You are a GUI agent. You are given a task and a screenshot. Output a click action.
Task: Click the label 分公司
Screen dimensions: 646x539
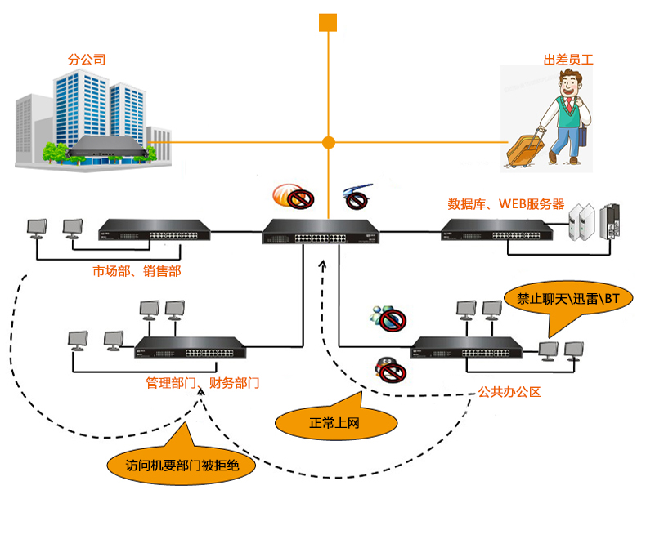tap(87, 60)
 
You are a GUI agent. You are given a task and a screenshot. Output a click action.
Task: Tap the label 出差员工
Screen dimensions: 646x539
tap(568, 60)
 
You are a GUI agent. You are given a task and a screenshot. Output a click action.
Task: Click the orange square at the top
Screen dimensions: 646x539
tap(328, 23)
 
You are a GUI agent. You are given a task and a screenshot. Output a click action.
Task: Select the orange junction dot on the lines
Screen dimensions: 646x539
tap(329, 143)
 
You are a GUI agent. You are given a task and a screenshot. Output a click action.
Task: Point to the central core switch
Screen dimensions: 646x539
tap(321, 231)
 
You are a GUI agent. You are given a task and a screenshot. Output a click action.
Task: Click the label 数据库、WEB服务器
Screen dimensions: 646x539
tap(506, 204)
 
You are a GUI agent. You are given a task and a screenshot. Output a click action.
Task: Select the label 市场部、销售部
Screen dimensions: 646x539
tap(137, 271)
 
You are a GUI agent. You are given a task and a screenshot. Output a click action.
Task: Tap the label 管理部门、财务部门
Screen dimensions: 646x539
tap(203, 383)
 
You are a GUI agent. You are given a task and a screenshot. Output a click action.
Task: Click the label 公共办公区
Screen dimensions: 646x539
tap(509, 392)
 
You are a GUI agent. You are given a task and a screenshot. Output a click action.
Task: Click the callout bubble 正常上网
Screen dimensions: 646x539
tap(334, 421)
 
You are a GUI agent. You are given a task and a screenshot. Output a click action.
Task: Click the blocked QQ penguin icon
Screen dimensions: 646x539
tap(390, 369)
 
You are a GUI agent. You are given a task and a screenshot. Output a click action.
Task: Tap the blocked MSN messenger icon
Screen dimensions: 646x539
tap(388, 318)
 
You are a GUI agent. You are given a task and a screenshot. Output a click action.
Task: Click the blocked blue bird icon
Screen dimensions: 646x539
tap(357, 197)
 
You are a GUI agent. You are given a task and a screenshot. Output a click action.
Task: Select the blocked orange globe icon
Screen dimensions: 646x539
tap(294, 196)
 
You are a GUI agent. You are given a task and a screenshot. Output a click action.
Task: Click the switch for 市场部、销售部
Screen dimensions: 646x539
tap(155, 230)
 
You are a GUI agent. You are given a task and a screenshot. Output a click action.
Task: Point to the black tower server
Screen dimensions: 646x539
tap(610, 221)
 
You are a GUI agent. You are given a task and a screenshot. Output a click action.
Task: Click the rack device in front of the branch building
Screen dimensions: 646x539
tap(107, 147)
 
